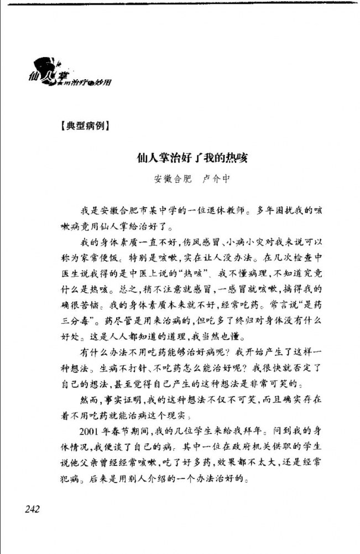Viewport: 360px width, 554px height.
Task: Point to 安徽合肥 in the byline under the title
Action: pyautogui.click(x=171, y=179)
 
